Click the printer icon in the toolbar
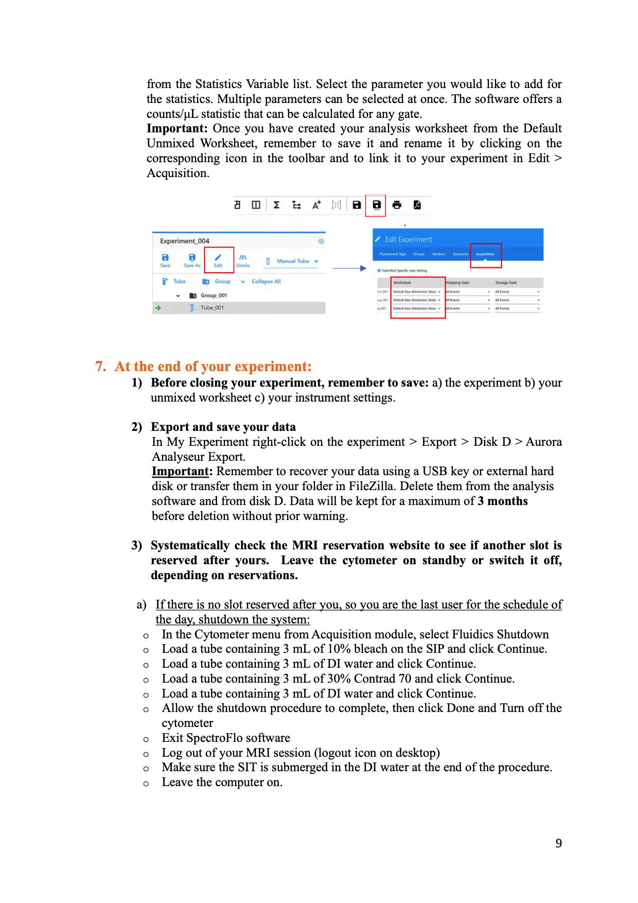point(397,205)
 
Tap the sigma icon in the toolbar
point(276,205)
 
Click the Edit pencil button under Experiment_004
point(218,259)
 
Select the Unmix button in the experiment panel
point(243,261)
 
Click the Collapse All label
point(266,282)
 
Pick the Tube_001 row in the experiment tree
point(212,308)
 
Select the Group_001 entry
point(213,296)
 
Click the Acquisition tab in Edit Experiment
point(485,254)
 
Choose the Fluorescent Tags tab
point(393,254)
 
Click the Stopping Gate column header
point(457,283)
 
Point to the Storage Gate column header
point(506,283)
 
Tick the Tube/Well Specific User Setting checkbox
point(380,270)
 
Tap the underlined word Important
point(180,472)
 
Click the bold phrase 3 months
point(502,501)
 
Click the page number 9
point(559,843)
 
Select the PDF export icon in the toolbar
point(417,205)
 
